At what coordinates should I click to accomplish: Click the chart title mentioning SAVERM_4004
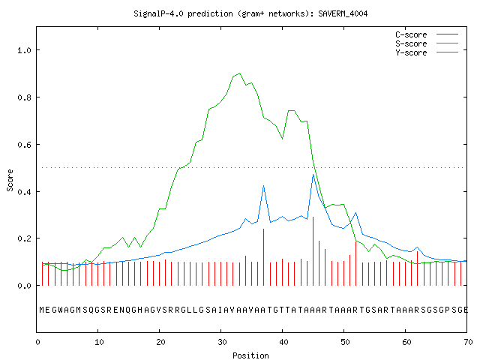(250, 13)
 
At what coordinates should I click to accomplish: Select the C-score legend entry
(427, 34)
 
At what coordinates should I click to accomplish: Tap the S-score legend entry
(427, 43)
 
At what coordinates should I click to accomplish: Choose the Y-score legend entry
(427, 52)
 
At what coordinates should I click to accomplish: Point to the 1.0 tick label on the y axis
(24, 50)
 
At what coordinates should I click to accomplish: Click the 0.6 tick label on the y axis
(24, 145)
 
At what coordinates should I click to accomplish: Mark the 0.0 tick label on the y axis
(24, 286)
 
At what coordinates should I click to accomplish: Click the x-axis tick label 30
(222, 342)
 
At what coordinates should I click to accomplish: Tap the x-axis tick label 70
(468, 342)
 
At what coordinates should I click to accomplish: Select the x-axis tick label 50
(345, 342)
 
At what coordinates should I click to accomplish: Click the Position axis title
(250, 355)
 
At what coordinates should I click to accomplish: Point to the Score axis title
(10, 180)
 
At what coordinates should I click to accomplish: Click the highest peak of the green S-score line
(239, 73)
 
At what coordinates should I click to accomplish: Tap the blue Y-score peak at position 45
(313, 175)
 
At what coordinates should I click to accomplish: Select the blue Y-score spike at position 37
(263, 186)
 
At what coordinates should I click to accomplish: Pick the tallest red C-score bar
(313, 251)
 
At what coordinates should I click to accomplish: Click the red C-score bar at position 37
(263, 257)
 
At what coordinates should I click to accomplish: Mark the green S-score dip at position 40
(282, 139)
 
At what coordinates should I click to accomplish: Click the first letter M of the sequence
(42, 310)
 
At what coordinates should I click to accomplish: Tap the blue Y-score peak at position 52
(356, 213)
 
